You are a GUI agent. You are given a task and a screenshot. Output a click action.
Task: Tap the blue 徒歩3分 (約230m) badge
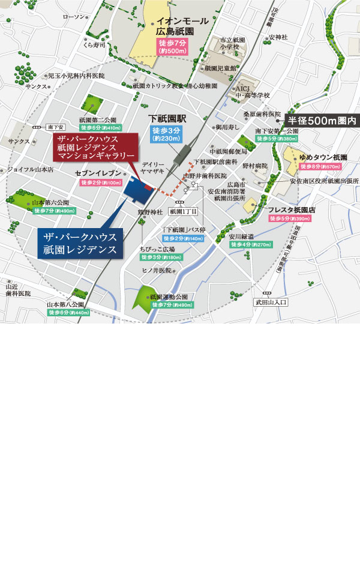click(164, 135)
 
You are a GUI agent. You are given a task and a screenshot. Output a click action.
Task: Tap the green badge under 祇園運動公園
click(172, 305)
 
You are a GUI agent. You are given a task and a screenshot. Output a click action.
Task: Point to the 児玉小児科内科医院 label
click(76, 76)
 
